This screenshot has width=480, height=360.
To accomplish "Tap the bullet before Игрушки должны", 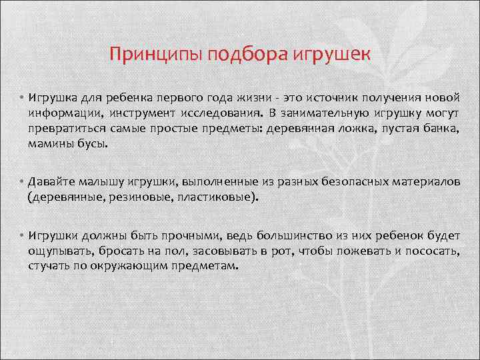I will [22, 235].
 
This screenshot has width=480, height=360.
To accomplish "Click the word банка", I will [441, 129].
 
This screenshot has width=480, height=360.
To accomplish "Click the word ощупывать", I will [60, 251].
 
